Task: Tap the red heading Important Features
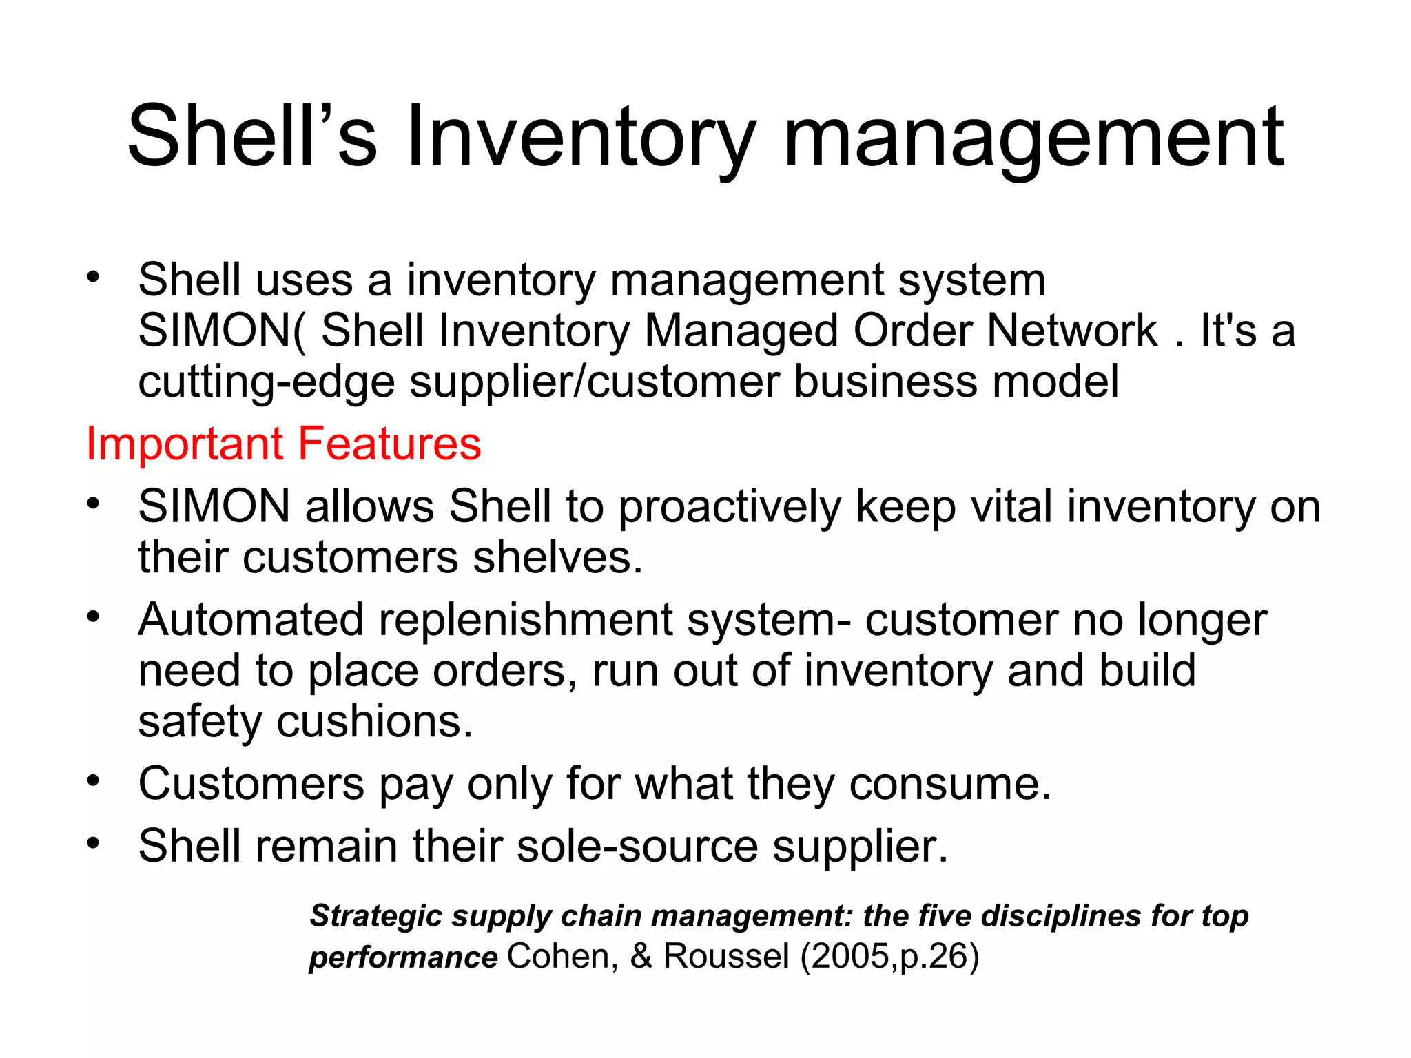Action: pyautogui.click(x=283, y=444)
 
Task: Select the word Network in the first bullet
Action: pyautogui.click(x=1072, y=331)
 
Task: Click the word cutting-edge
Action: pyautogui.click(x=266, y=383)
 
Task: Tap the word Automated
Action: pyautogui.click(x=250, y=619)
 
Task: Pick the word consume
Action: pyautogui.click(x=950, y=784)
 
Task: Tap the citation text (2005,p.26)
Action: pyautogui.click(x=889, y=957)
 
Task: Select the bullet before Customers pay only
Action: pyautogui.click(x=94, y=781)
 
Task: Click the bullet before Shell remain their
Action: pyautogui.click(x=94, y=842)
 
